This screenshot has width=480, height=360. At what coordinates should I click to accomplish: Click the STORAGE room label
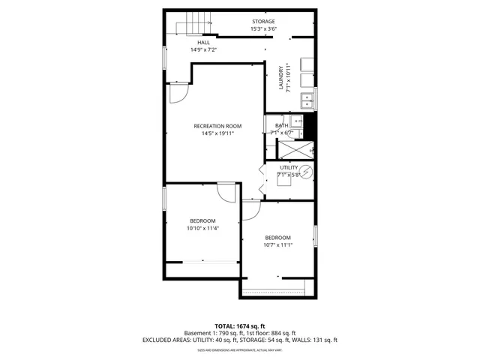[262, 22]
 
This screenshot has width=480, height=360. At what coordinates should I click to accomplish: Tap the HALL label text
[203, 43]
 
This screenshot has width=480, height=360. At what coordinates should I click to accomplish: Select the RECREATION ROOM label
[217, 126]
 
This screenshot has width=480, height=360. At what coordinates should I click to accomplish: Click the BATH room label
[281, 126]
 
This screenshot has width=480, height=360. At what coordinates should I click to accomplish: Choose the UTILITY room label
[289, 167]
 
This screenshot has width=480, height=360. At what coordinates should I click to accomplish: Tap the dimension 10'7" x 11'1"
[277, 244]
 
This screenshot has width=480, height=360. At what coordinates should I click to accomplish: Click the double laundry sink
[307, 100]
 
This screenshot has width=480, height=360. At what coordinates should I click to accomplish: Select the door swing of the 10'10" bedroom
[225, 190]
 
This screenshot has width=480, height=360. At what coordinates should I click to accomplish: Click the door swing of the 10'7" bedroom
[250, 210]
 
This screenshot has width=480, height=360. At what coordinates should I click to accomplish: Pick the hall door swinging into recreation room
[177, 93]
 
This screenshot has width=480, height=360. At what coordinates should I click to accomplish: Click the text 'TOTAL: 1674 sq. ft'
[240, 325]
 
